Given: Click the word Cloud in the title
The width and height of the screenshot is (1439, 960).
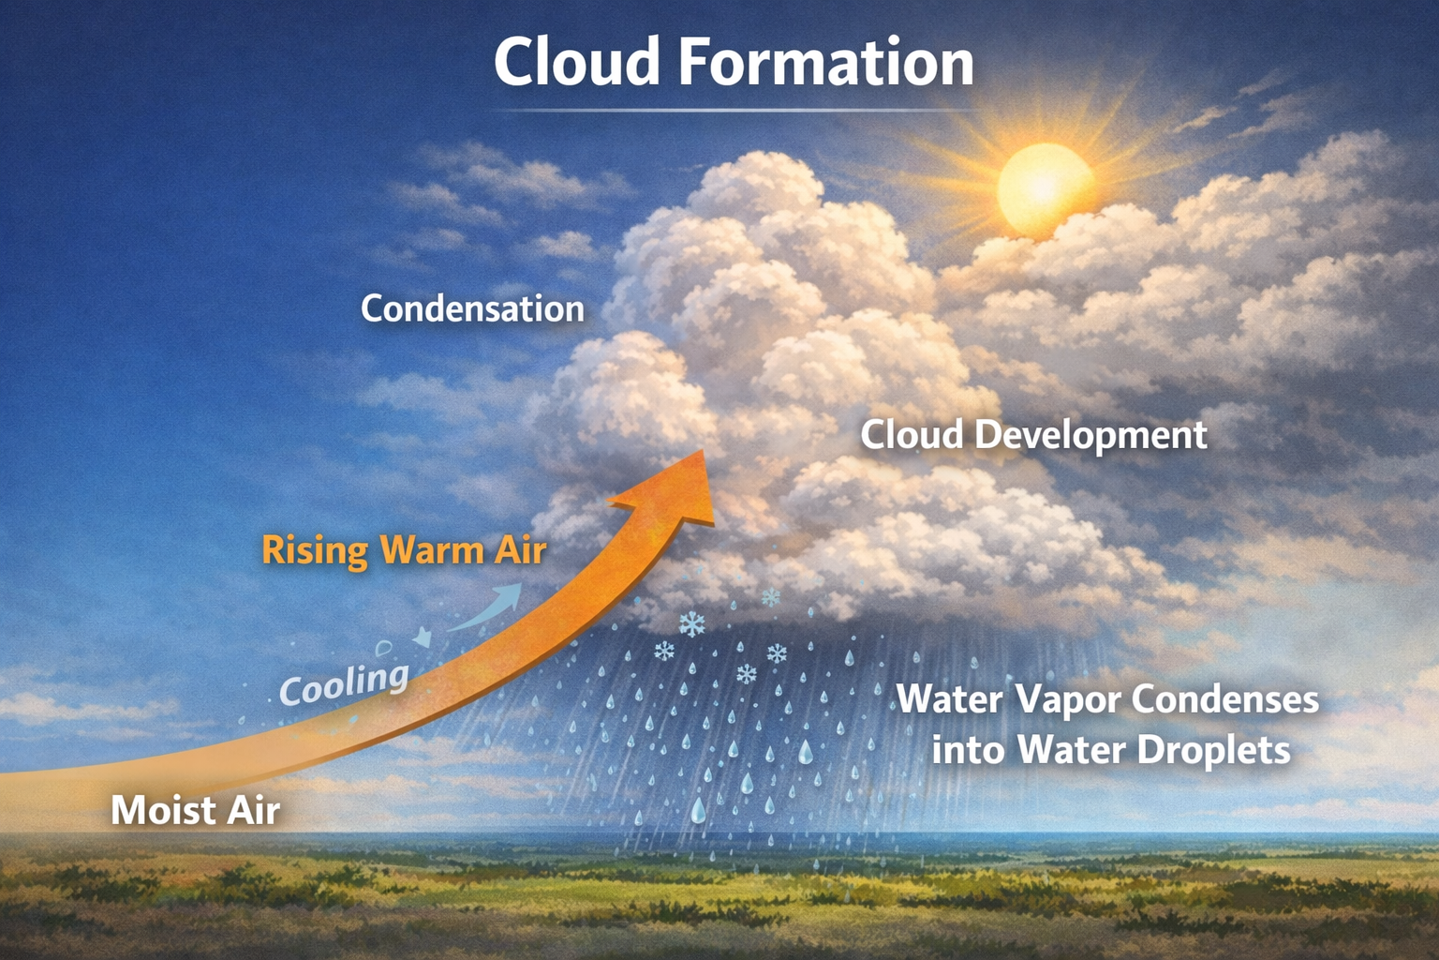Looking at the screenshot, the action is click(576, 63).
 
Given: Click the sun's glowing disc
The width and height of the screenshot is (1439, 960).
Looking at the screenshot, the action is click(1046, 189).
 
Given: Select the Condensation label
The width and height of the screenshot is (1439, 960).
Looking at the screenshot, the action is click(473, 308).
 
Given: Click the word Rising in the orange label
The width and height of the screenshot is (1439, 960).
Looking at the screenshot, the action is click(315, 551).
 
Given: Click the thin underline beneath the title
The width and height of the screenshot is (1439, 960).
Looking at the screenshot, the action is click(735, 112).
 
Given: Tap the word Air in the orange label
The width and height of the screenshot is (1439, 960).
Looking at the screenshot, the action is click(519, 551).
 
